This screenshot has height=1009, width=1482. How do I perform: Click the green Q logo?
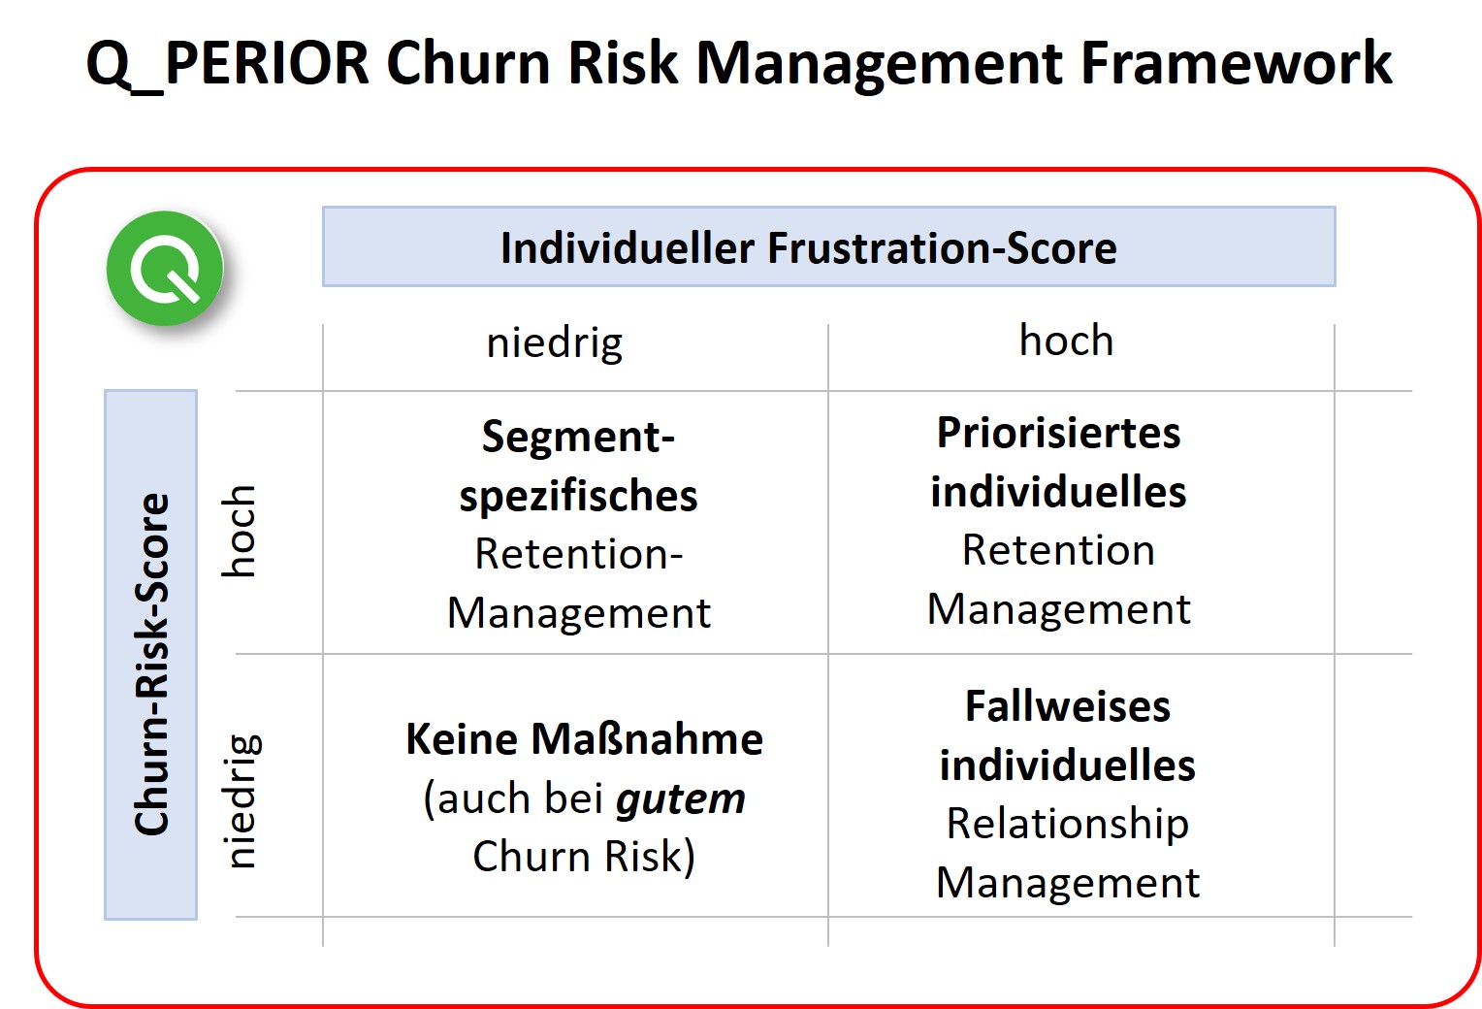pyautogui.click(x=165, y=269)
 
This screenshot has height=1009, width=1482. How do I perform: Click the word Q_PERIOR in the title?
pyautogui.click(x=228, y=64)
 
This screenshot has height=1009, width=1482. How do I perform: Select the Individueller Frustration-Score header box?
pyautogui.click(x=828, y=247)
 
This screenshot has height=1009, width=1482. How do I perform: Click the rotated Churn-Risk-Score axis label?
pyautogui.click(x=151, y=665)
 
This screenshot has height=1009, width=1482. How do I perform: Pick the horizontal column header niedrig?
pyautogui.click(x=555, y=343)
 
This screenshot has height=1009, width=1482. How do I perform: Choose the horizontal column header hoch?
pyautogui.click(x=1066, y=341)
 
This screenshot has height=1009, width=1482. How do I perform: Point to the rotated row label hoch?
pyautogui.click(x=239, y=531)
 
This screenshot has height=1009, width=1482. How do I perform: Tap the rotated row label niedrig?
pyautogui.click(x=241, y=800)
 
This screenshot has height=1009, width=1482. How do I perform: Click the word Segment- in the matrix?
pyautogui.click(x=578, y=437)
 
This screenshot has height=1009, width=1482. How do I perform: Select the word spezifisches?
pyautogui.click(x=578, y=496)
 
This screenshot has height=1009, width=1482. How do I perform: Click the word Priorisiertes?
pyautogui.click(x=1058, y=433)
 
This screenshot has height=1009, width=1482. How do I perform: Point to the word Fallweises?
pyautogui.click(x=1067, y=706)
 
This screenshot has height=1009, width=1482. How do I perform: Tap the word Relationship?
pyautogui.click(x=1067, y=824)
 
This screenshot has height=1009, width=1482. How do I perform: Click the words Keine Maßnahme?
pyautogui.click(x=584, y=739)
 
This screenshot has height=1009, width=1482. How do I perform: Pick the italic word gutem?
pyautogui.click(x=681, y=799)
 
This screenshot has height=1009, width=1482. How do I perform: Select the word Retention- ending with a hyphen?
pyautogui.click(x=578, y=554)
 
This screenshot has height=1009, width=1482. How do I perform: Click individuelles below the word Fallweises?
pyautogui.click(x=1067, y=765)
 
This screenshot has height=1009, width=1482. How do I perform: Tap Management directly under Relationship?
pyautogui.click(x=1067, y=883)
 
